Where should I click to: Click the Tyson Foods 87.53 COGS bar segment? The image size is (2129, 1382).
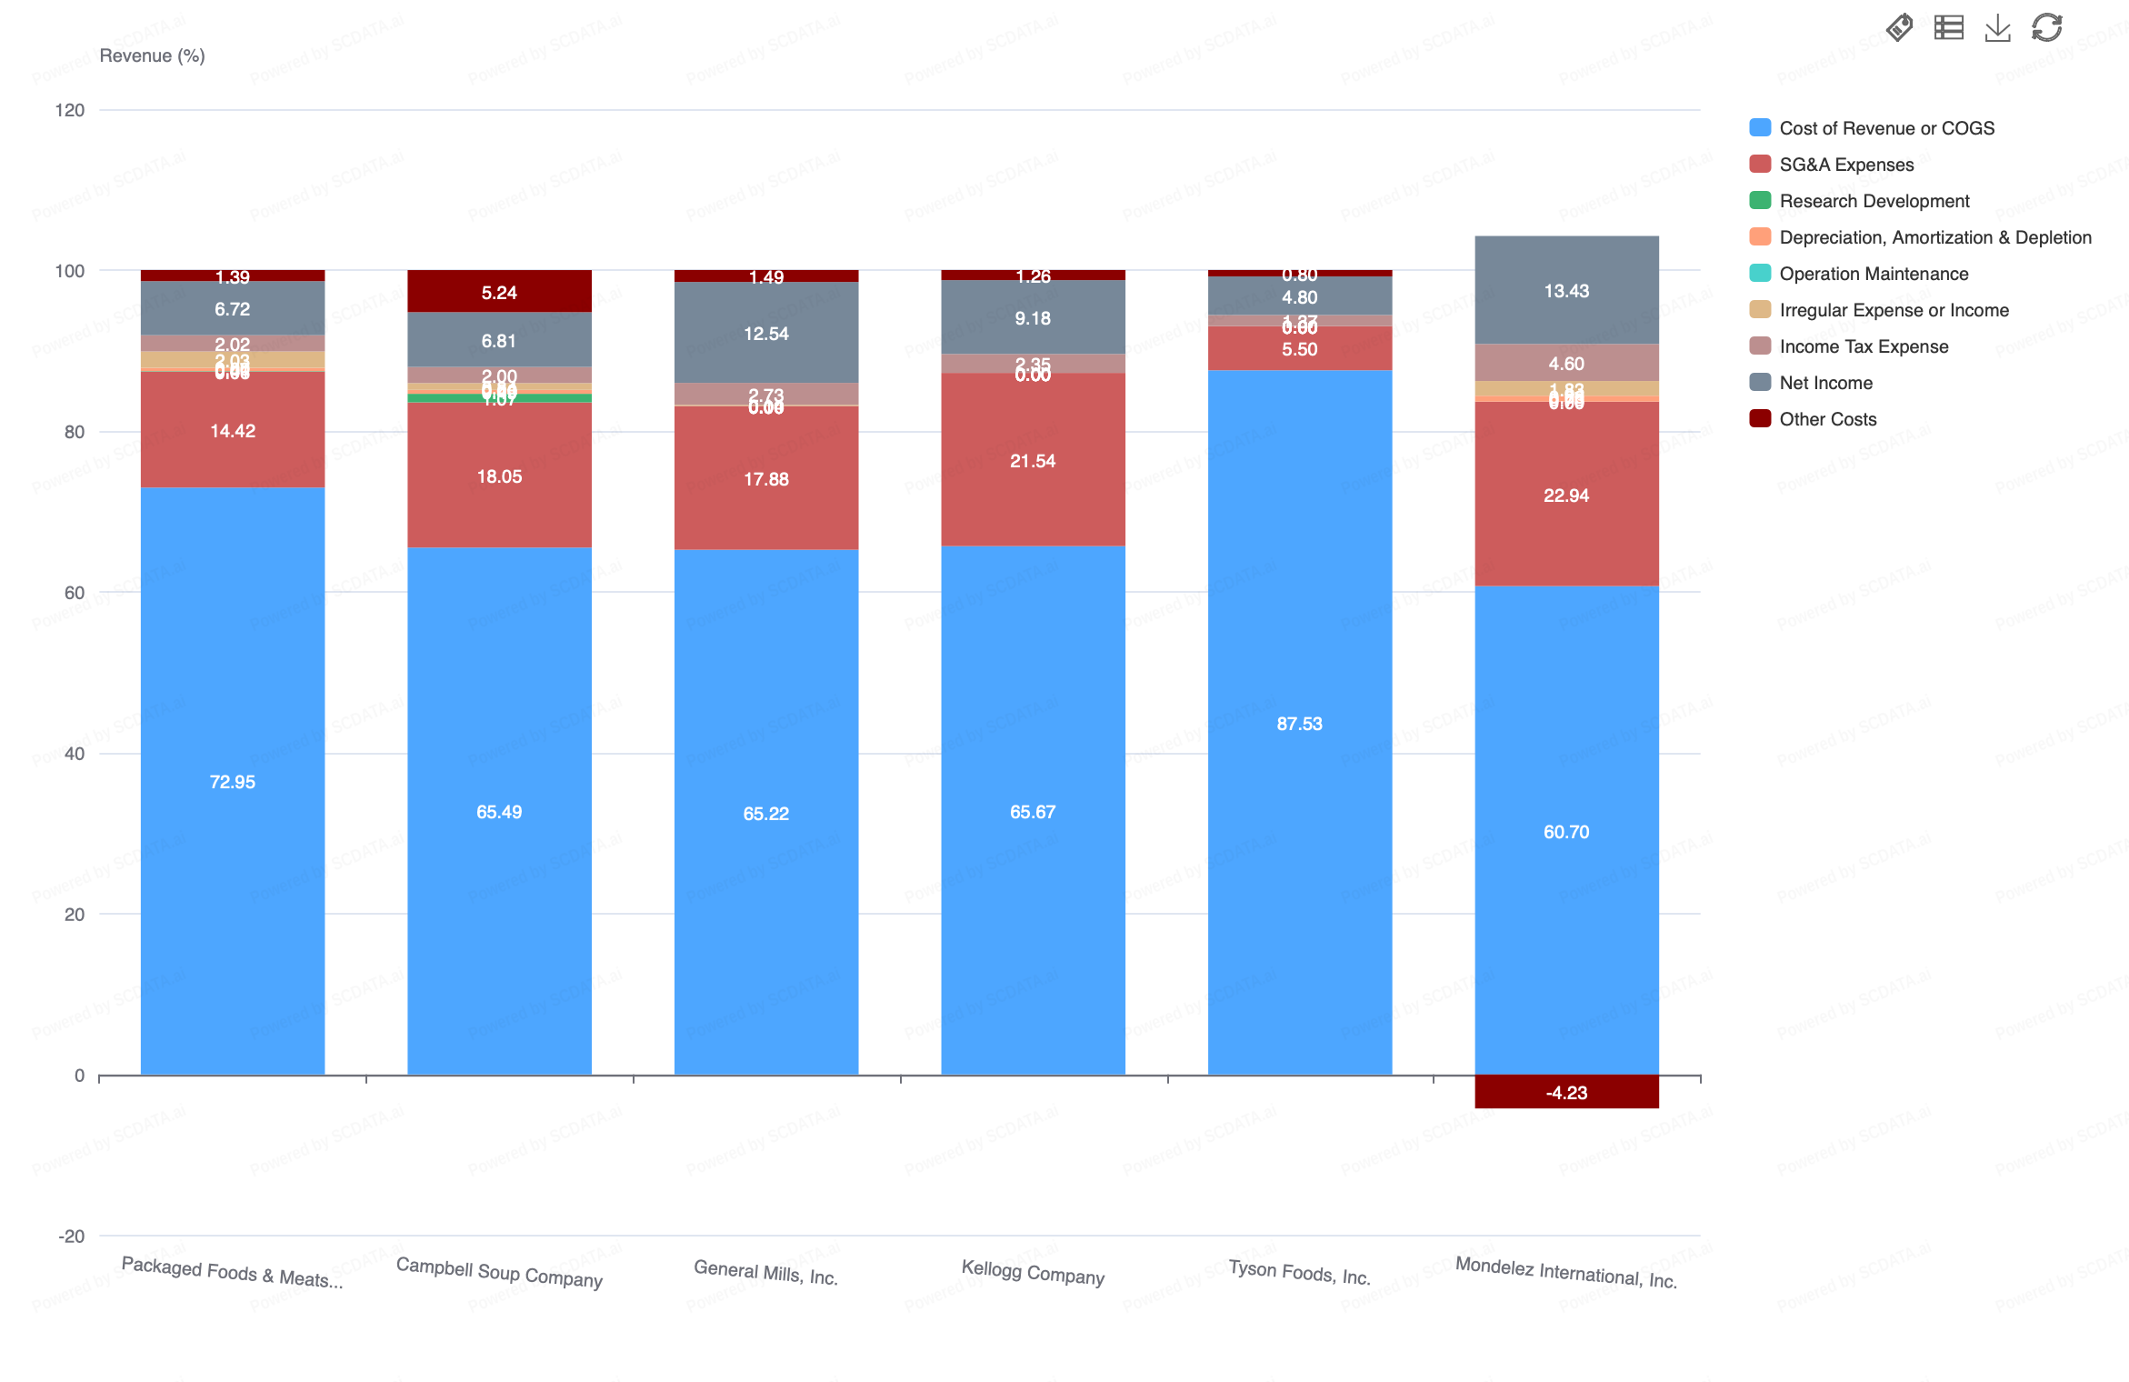[x=1299, y=722]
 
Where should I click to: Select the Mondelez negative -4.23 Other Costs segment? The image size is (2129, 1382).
[x=1565, y=1091]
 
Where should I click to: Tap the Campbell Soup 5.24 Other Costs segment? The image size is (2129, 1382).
[x=499, y=291]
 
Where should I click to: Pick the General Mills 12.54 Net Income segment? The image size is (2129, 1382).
[x=765, y=332]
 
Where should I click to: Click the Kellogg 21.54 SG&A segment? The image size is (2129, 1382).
[x=1033, y=459]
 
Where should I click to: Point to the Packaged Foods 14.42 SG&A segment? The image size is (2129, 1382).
[x=233, y=429]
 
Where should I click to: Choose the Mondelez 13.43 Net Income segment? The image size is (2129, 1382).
[x=1565, y=289]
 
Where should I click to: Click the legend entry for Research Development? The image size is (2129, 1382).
[x=1874, y=201]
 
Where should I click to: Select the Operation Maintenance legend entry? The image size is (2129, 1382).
[x=1873, y=274]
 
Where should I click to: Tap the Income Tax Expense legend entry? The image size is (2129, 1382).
[x=1863, y=346]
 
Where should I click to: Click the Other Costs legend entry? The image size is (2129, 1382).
[x=1827, y=419]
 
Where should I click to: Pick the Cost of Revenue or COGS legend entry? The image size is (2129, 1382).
[x=1885, y=128]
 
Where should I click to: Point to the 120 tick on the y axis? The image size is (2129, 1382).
[x=70, y=110]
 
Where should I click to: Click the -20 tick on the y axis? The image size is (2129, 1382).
[x=71, y=1236]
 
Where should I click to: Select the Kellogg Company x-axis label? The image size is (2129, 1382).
[x=1033, y=1272]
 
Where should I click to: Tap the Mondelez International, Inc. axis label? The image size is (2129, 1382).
[x=1565, y=1271]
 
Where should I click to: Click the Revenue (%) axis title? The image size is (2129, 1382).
[x=152, y=55]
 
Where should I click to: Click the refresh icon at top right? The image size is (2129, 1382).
[x=2046, y=28]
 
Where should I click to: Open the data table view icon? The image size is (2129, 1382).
[x=1948, y=28]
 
